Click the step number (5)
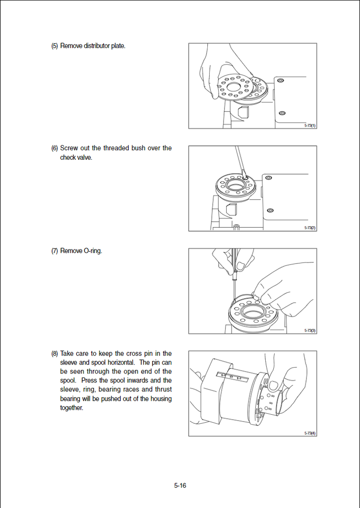point(55,46)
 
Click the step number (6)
point(55,148)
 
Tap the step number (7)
point(55,251)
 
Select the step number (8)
point(55,354)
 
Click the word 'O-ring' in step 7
point(92,251)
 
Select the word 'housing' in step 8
point(160,399)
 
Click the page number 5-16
point(180,486)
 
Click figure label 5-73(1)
point(310,126)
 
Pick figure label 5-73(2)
point(310,228)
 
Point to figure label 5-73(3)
point(310,330)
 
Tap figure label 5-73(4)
point(310,433)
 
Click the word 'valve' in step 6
point(84,157)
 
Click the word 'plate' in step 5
point(118,46)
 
